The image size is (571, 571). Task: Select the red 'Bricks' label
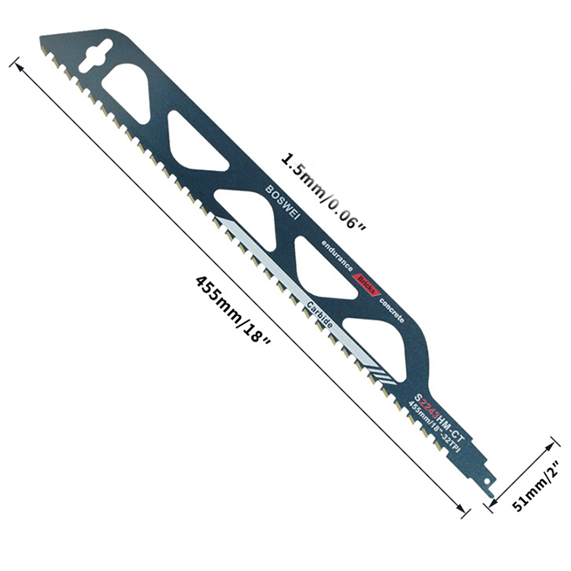(x=364, y=281)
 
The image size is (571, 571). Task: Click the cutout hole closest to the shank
(x=382, y=335)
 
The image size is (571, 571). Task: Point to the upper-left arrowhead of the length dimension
(x=16, y=63)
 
